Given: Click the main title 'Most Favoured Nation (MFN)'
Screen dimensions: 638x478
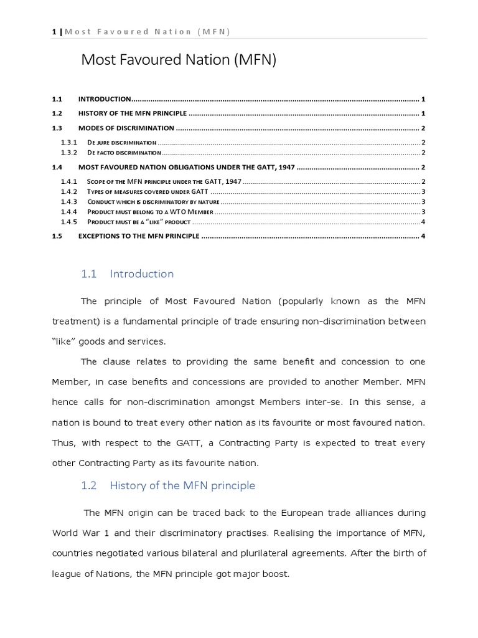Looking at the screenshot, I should (x=179, y=60).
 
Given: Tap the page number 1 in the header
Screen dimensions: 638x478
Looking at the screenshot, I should (x=54, y=32).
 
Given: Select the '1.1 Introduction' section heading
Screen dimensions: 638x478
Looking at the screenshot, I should (x=128, y=274).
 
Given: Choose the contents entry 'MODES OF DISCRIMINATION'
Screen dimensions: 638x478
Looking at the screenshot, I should (x=126, y=128).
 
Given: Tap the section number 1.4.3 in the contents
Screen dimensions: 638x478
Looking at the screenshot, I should (x=68, y=202).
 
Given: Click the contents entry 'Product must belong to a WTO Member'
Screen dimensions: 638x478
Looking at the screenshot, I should (x=150, y=212).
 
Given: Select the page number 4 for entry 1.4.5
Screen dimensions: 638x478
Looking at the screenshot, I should (x=423, y=222).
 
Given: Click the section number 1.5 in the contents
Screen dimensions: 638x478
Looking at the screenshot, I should (x=58, y=237).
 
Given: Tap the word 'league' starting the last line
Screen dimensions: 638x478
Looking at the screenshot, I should (x=67, y=574).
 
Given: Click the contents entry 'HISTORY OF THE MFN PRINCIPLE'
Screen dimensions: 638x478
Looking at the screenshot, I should (x=132, y=114).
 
